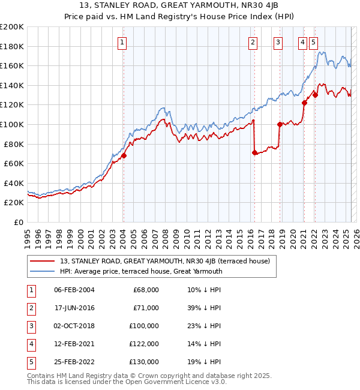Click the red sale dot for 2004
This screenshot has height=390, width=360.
pyautogui.click(x=124, y=156)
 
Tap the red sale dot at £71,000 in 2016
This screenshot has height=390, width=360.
pyautogui.click(x=254, y=153)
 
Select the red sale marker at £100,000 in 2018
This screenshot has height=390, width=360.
pyautogui.click(x=280, y=125)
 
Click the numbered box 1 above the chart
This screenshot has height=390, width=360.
pyautogui.click(x=122, y=42)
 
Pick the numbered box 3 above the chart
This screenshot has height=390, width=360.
pyautogui.click(x=278, y=42)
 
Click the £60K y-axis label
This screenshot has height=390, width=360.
pyautogui.click(x=13, y=163)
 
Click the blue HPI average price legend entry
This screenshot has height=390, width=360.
pyautogui.click(x=141, y=271)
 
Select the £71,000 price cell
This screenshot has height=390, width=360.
pyautogui.click(x=146, y=308)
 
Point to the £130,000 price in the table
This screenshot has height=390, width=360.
pyautogui.click(x=144, y=362)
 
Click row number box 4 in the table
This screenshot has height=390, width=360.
pyautogui.click(x=31, y=344)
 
